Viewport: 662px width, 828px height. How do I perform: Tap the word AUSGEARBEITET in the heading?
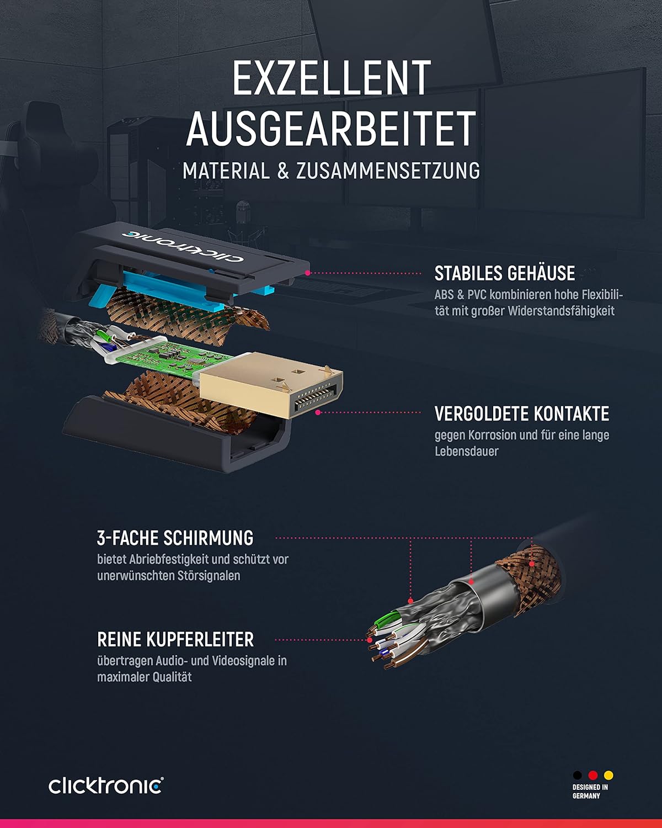(x=331, y=129)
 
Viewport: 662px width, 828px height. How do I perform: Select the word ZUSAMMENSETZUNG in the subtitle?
(x=388, y=171)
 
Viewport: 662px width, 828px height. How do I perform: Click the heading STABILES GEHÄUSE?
(x=505, y=273)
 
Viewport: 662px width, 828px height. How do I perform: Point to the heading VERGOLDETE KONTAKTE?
(x=522, y=413)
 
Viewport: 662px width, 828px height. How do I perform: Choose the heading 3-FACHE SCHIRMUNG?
(x=175, y=538)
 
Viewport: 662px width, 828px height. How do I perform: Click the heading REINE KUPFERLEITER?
(x=175, y=640)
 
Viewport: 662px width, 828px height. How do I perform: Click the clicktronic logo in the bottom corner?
(x=106, y=785)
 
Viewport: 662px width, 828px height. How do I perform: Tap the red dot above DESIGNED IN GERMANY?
(x=592, y=775)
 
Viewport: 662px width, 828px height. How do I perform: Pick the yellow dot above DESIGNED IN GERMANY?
(x=608, y=775)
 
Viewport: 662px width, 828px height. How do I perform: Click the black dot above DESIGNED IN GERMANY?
(x=578, y=775)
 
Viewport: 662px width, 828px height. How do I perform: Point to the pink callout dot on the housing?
(x=308, y=273)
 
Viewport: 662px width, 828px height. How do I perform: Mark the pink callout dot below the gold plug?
(x=318, y=412)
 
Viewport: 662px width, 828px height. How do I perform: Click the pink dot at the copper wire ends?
(x=370, y=640)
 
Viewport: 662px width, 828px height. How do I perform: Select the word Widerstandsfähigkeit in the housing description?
(x=561, y=311)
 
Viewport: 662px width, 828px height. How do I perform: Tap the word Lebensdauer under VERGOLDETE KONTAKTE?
(x=467, y=452)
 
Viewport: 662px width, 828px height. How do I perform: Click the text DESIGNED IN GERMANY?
(x=590, y=792)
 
